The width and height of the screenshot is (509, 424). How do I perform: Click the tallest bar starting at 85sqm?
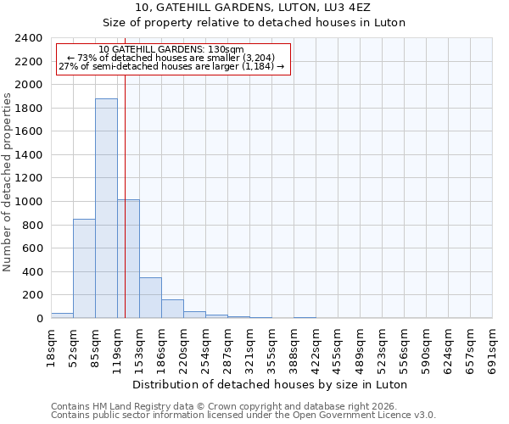point(106,208)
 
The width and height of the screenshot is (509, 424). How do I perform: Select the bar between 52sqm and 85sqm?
point(84,268)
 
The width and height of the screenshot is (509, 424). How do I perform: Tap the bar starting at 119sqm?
point(128,259)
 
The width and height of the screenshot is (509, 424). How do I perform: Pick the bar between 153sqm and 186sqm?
point(150,298)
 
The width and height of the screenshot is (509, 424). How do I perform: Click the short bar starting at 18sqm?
point(62,315)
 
